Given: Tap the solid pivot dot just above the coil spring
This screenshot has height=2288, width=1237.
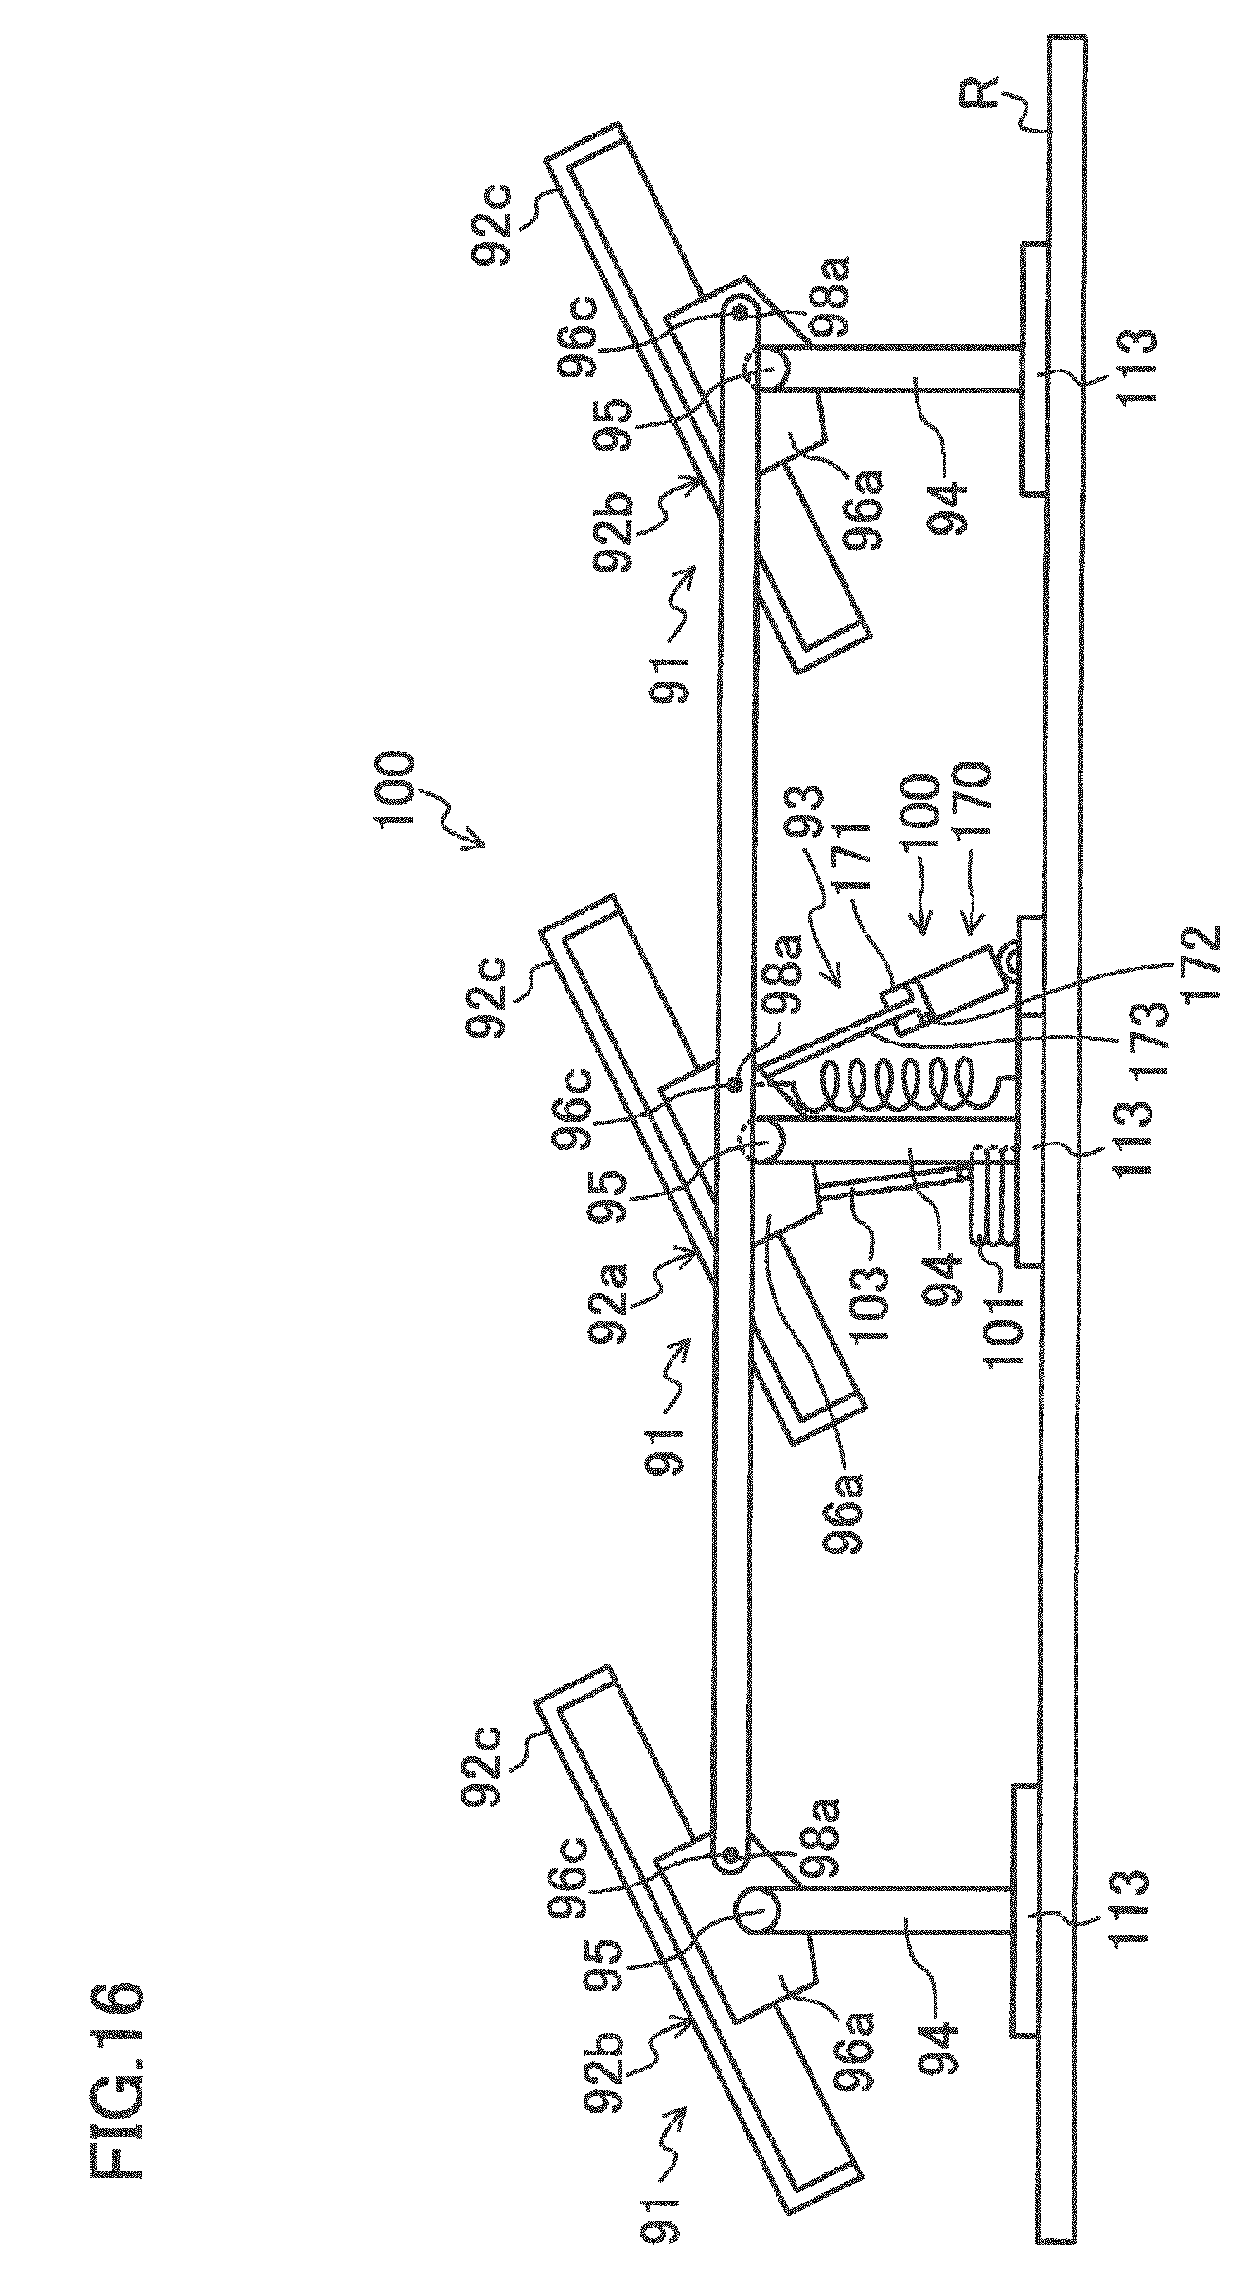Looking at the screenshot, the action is click(735, 1084).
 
